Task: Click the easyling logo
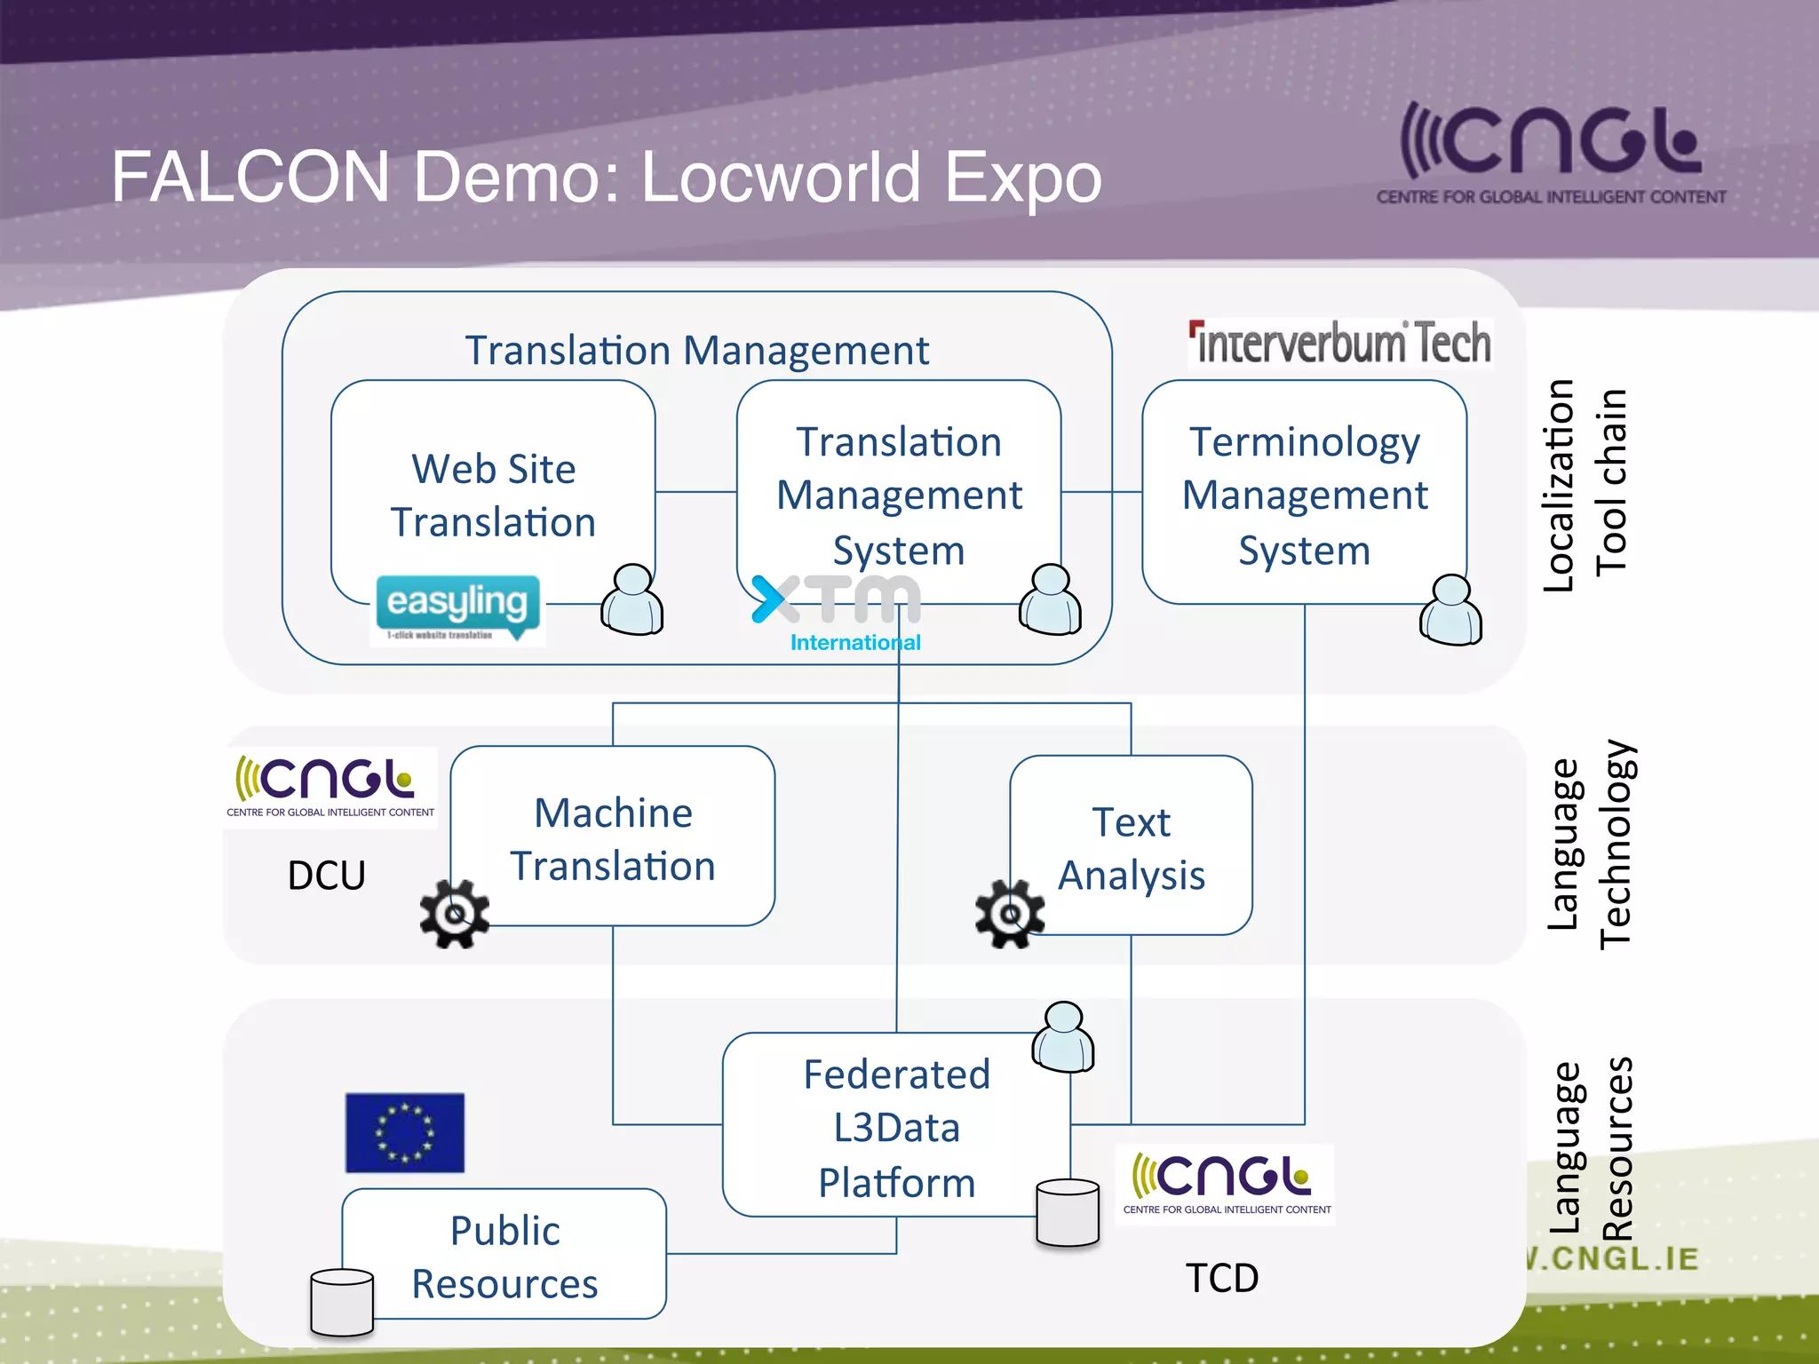coord(457,609)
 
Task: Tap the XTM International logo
coord(838,612)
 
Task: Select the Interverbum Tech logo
coord(1341,344)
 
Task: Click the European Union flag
coord(405,1132)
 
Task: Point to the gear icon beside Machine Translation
coord(455,914)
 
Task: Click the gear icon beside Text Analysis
coord(1009,914)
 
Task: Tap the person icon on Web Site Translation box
coord(632,600)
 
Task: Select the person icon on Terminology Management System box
coord(1450,610)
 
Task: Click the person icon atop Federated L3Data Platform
coord(1063,1037)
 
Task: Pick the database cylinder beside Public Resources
coord(342,1303)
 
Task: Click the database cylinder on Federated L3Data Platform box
coord(1068,1213)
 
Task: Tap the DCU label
coord(326,876)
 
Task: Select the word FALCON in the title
coord(250,177)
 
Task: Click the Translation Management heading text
coord(696,350)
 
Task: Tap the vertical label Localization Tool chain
coord(1585,485)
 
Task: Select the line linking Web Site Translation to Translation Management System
coord(695,492)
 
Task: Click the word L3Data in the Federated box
coord(896,1128)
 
